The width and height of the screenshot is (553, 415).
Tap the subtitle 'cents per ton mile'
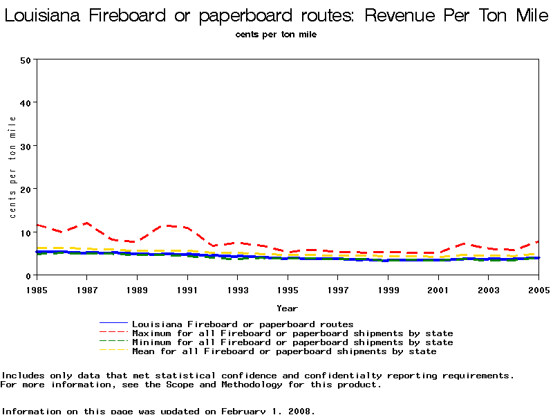276,35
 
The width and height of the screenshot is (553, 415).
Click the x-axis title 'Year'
288,308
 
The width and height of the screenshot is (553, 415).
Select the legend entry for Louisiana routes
242,324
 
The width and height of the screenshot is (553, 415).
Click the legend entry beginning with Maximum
292,333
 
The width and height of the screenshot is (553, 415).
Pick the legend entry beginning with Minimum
292,342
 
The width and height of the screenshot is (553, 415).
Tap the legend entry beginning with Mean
283,351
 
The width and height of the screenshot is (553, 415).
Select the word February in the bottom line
245,411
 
